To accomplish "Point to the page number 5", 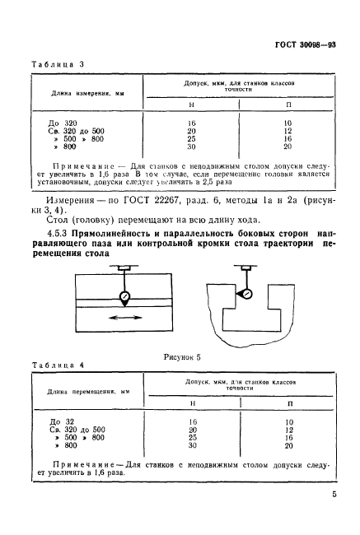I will tap(334, 495).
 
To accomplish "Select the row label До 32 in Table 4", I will tap(49, 421).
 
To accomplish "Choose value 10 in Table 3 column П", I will tap(288, 122).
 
